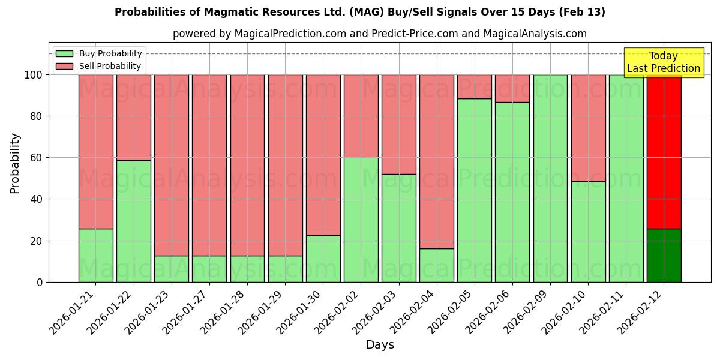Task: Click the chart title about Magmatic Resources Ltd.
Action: point(359,12)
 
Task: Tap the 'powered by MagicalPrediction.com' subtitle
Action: point(379,34)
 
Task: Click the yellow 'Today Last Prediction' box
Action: point(663,62)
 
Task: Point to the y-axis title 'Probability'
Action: point(15,163)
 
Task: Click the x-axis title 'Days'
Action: point(380,344)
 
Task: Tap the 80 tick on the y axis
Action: point(37,116)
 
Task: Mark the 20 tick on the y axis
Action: point(37,241)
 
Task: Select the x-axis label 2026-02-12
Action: point(641,312)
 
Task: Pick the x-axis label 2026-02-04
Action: point(413,312)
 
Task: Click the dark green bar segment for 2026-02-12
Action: point(664,256)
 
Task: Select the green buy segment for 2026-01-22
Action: point(133,221)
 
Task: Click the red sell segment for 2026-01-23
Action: point(172,165)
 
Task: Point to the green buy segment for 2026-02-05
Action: point(474,190)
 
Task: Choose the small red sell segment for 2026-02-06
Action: point(512,88)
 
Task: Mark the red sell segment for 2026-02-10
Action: point(588,128)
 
